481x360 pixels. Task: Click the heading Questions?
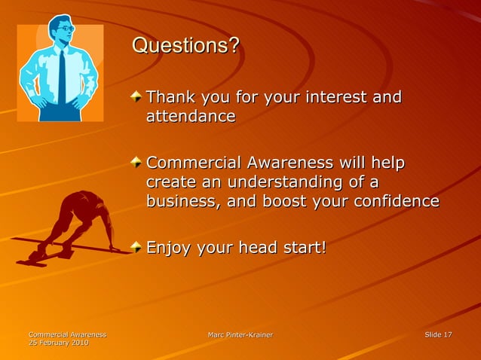(185, 46)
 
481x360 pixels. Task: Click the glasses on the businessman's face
(66, 29)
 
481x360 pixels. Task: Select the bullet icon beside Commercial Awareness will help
(136, 163)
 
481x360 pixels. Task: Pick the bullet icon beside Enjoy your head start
(136, 247)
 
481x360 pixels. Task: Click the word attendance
(190, 117)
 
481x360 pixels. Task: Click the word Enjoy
(170, 248)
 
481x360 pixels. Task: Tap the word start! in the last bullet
(303, 248)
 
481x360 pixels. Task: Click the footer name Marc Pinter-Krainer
(240, 334)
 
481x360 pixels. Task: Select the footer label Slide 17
(438, 334)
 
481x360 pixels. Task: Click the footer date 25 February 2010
(58, 343)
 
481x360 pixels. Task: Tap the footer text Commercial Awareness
(67, 334)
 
